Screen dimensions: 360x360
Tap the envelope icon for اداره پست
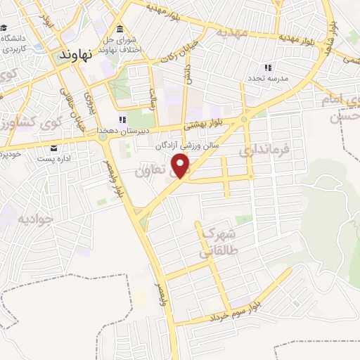54,148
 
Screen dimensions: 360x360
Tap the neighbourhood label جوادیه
34,219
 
